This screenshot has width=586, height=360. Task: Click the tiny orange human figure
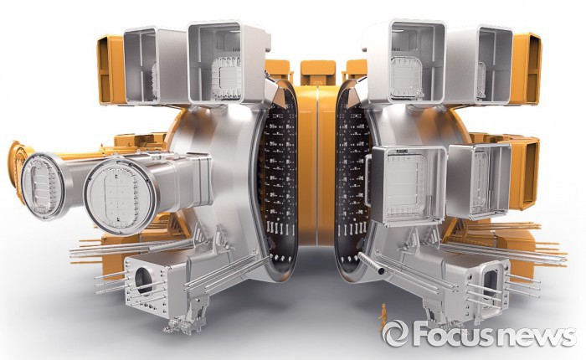(x=383, y=318)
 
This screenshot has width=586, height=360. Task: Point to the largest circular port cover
(x=121, y=196)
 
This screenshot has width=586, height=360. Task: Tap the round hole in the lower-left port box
(x=143, y=280)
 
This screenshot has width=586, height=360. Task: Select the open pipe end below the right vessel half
(x=381, y=270)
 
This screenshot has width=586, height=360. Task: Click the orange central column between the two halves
(x=316, y=164)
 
